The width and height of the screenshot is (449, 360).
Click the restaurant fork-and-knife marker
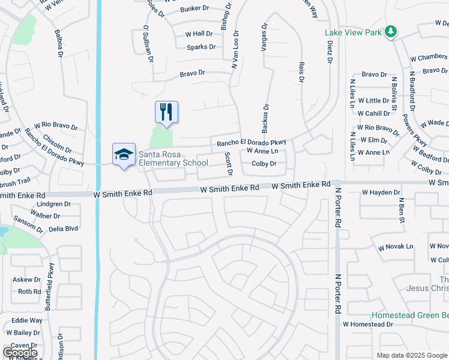coord(167,112)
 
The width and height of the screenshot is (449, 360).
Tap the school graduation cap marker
coord(124,155)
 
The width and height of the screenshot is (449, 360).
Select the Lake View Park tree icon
coord(391,31)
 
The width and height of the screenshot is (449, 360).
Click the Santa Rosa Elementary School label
coord(173,158)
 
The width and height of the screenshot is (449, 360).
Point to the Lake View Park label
coord(352,32)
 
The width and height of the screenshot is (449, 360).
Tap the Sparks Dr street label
coord(201,47)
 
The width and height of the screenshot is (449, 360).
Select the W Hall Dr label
coord(199,34)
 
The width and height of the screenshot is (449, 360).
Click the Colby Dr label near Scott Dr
coord(264,163)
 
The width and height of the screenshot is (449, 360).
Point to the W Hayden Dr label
coord(381,193)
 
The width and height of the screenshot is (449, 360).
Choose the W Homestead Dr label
coord(367,324)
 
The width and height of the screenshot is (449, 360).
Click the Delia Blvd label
coord(64,228)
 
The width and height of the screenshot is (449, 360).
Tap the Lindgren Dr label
coord(54,204)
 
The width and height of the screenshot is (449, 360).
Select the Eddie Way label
coord(27,320)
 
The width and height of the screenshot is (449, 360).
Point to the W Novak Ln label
coord(396,247)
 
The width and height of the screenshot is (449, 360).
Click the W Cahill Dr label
coord(373,113)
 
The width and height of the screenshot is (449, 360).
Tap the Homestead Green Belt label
coord(409,314)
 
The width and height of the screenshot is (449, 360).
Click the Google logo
coord(20,353)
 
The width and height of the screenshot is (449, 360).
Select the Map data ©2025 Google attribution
coord(411,355)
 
